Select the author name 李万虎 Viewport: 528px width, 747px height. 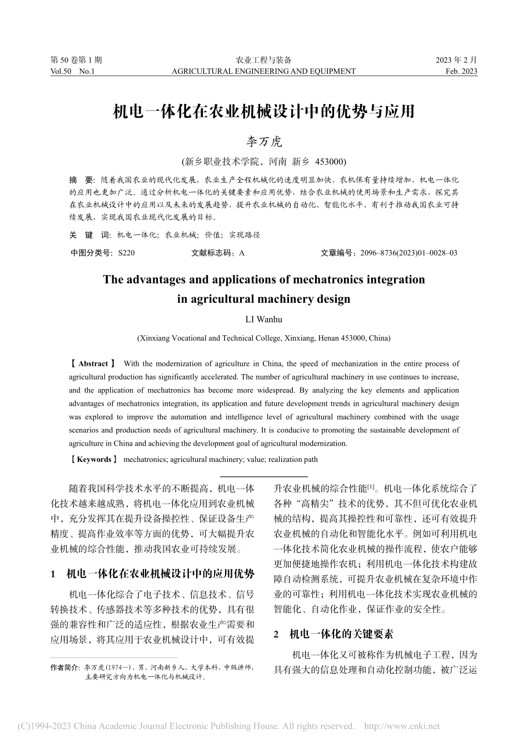click(x=264, y=142)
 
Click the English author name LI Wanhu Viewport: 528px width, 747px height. click(x=264, y=319)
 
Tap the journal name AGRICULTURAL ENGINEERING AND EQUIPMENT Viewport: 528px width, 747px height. click(x=263, y=71)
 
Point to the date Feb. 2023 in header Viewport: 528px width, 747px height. click(x=461, y=71)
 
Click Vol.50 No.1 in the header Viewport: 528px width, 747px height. click(x=72, y=71)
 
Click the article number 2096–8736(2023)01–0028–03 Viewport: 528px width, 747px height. click(x=409, y=253)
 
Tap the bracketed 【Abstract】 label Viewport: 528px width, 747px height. click(x=93, y=363)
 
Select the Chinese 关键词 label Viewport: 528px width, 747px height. click(x=89, y=235)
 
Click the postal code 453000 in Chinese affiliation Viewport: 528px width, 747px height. click(x=330, y=162)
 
